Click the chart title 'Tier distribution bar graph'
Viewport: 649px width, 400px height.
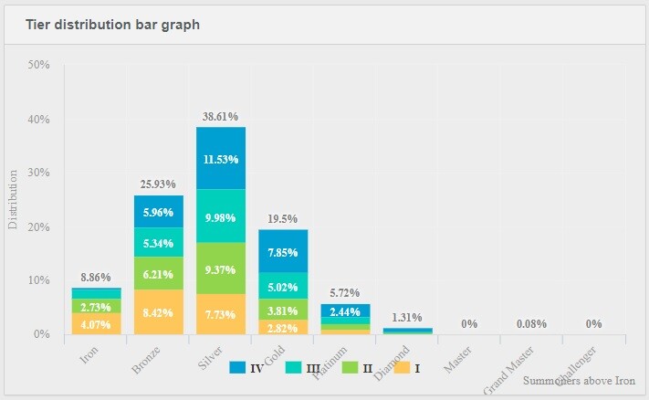coord(112,25)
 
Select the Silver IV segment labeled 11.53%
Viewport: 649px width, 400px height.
coord(221,159)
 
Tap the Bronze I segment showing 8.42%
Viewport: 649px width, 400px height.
coord(159,311)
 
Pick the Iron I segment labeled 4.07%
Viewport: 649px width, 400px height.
coord(97,323)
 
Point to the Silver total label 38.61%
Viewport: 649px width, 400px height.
coord(220,117)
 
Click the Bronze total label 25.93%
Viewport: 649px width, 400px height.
coord(158,184)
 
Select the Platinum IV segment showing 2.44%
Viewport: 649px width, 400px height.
coord(345,311)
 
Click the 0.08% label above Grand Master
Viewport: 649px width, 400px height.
coord(531,323)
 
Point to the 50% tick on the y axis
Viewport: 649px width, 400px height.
coord(39,66)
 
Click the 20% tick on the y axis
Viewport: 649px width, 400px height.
coord(39,227)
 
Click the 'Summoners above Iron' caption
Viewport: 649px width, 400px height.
coord(579,380)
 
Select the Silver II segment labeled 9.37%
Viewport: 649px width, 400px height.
coord(221,269)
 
